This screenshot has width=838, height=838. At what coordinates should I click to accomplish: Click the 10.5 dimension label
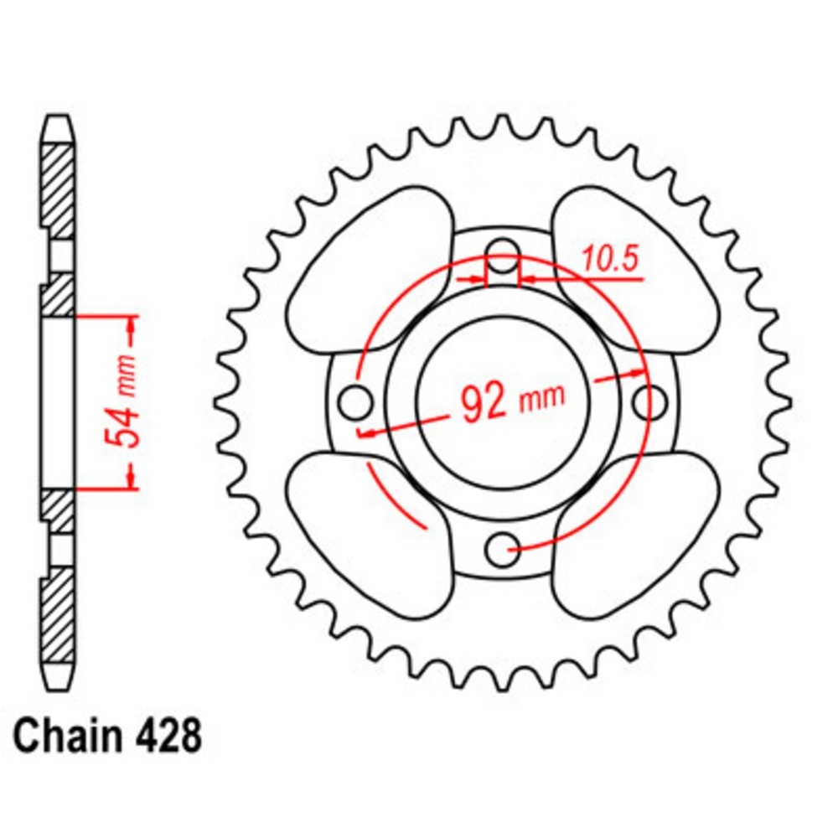pos(611,260)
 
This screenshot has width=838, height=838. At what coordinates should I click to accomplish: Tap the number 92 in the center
pos(484,404)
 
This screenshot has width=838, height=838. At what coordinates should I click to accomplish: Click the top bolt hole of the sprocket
pos(504,255)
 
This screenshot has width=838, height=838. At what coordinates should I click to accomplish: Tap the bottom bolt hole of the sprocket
pos(502,549)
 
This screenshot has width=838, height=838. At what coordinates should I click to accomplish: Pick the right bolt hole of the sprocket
pos(650,401)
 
